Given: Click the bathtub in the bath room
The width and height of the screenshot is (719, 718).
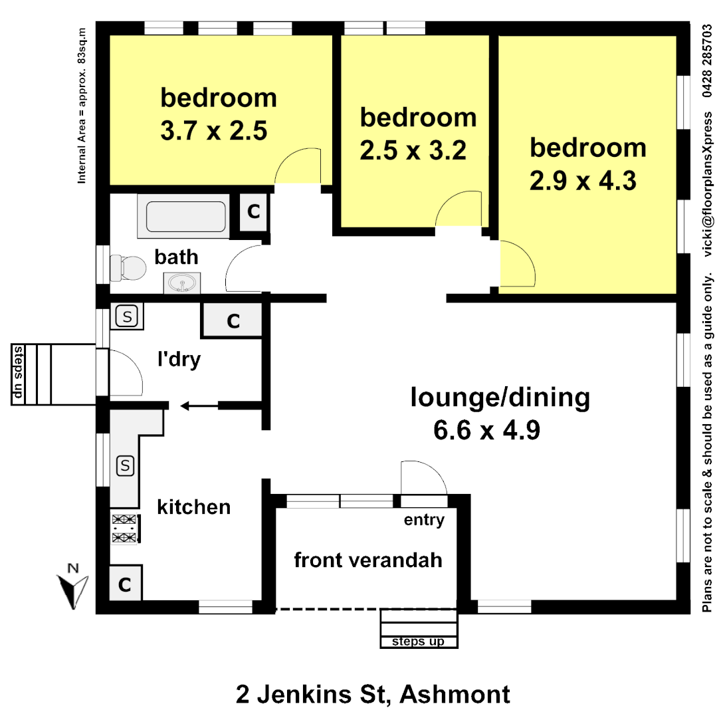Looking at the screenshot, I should coord(185,217).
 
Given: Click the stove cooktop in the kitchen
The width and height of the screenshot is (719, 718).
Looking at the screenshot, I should coord(124,529).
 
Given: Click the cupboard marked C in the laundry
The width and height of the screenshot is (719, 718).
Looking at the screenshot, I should coord(233,321).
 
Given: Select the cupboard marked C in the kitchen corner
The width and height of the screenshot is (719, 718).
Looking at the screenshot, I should coord(124,584).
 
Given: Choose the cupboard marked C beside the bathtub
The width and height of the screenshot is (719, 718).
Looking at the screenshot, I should coord(253,212).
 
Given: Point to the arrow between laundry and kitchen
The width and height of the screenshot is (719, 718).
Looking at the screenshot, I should coord(193,405).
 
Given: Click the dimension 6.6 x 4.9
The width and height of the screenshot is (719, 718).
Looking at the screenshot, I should coord(486,431).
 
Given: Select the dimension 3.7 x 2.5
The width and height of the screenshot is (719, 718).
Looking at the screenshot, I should coord(213,131).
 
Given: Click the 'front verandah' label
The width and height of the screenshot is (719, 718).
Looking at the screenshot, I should coord(367,560).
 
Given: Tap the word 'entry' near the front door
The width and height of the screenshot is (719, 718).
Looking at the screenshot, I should coord(424,520).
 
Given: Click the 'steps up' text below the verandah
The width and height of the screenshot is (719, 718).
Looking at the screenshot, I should coord(419,642).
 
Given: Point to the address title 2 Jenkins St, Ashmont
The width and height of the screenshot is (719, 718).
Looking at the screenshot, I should coord(373,695).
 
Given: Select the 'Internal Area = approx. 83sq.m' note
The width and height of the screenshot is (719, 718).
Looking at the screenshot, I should coord(83,106).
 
